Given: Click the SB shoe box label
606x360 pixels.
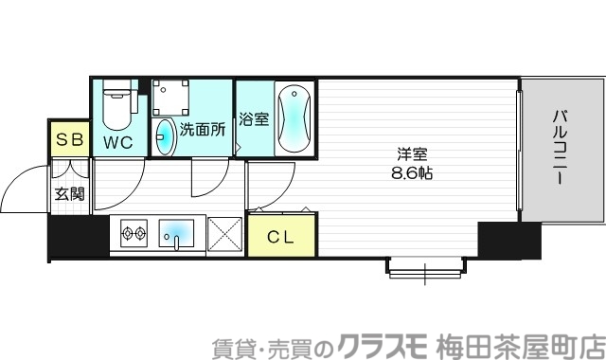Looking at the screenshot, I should (x=69, y=140).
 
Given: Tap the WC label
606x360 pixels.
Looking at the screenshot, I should (x=118, y=142).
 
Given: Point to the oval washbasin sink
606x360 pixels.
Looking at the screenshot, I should (x=165, y=137).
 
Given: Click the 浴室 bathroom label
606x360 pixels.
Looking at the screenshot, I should (x=253, y=121).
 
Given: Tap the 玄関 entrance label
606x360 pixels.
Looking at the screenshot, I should (x=68, y=194).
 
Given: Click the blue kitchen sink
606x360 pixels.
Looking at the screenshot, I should (x=177, y=233).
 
